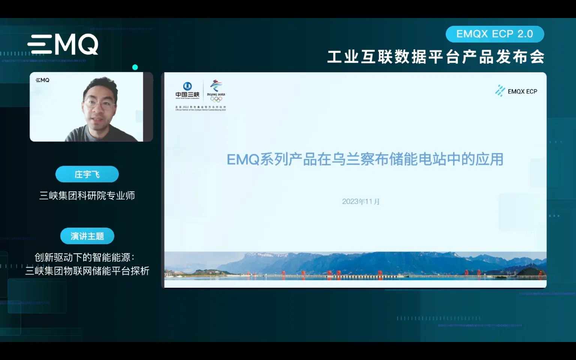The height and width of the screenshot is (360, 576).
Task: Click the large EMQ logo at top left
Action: point(63,45)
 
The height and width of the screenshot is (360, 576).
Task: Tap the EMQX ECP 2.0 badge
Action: point(494,34)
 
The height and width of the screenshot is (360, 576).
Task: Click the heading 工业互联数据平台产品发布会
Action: point(436,57)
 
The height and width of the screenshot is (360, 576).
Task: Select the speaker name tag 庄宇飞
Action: point(87,174)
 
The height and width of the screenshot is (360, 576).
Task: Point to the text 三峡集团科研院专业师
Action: point(87,196)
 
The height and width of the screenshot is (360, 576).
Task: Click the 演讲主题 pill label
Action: point(87,236)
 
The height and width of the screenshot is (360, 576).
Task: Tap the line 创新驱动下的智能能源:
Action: point(84,257)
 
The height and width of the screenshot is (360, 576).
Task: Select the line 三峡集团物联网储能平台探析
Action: point(87,271)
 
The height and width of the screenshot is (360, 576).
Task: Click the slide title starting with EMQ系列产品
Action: point(365,159)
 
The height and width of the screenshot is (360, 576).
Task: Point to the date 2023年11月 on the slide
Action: point(361,202)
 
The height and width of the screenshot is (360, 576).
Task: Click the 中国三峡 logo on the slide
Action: point(187,90)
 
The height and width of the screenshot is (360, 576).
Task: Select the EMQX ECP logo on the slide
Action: point(516,91)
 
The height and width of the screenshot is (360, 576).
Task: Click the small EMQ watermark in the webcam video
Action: point(42,80)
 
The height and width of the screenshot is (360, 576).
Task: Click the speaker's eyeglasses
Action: point(99,103)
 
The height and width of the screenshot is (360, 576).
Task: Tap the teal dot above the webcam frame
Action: point(135,67)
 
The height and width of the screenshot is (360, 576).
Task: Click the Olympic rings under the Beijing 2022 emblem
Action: point(216,99)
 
